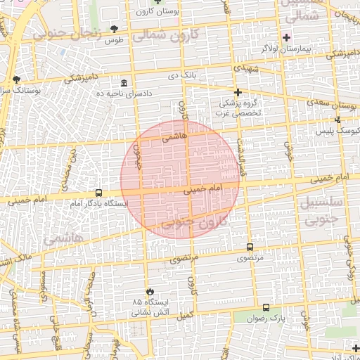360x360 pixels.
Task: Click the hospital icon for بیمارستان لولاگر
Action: coord(286,37)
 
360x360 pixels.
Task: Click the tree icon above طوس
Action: coord(115,29)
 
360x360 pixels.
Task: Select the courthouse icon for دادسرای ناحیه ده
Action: coord(124,83)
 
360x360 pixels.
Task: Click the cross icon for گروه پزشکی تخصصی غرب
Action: coord(238,92)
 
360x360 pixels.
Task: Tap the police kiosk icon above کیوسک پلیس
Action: coord(338,120)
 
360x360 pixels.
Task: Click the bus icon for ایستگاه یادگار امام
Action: coord(98,193)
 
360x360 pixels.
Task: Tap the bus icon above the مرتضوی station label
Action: coord(250,247)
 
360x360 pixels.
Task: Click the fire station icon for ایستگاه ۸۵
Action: coord(149,291)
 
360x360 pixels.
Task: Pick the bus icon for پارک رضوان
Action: coord(266,307)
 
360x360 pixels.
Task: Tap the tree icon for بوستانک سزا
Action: coord(16,79)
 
